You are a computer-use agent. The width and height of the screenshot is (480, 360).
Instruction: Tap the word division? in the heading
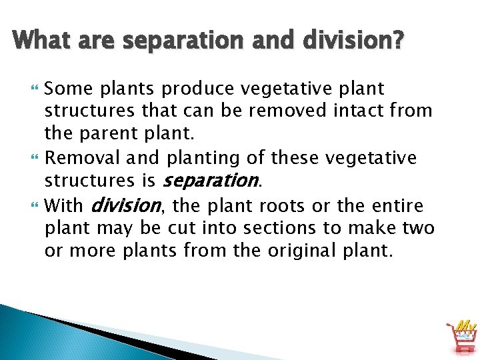pyautogui.click(x=352, y=41)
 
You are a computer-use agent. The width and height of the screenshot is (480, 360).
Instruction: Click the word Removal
pyautogui.click(x=84, y=158)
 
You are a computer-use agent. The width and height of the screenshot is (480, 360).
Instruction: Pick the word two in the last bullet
pyautogui.click(x=419, y=228)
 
